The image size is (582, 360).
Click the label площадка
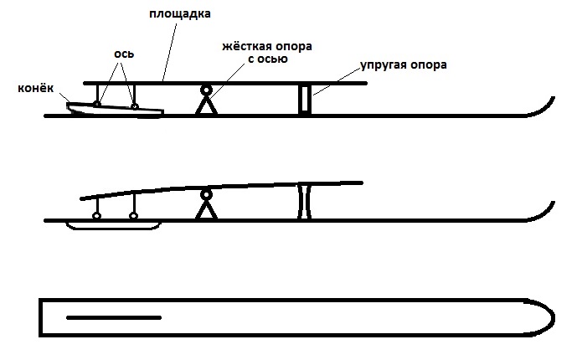180,14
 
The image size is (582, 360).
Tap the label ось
124,54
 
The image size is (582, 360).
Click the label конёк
36,89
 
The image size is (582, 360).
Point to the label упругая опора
404,65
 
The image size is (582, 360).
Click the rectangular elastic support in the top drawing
305,100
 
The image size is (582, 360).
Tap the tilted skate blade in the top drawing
115,111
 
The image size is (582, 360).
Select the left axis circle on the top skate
96,104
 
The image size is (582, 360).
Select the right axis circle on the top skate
135,107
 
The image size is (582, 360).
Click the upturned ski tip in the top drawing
543,108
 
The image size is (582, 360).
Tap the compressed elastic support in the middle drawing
305,201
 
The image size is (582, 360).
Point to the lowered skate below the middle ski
113,226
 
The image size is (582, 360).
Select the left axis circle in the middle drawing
96,216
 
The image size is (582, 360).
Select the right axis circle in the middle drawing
134,216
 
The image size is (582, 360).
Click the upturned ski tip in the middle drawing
543,213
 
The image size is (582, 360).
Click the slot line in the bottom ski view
114,317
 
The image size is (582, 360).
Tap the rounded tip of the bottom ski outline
554,317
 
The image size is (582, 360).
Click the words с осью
268,59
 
